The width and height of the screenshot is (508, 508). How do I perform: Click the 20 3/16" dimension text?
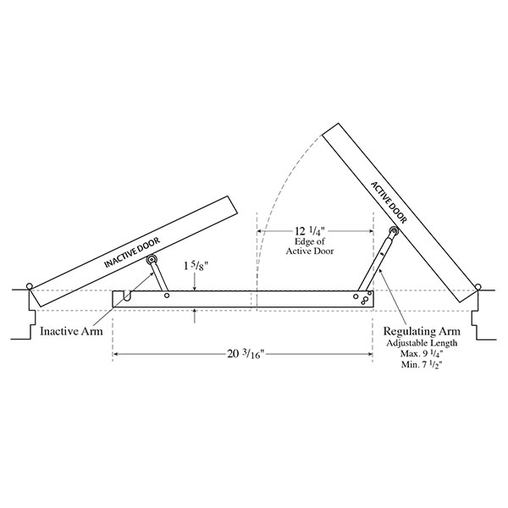coord(246,354)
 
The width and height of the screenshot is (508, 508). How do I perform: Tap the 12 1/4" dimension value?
coord(309,231)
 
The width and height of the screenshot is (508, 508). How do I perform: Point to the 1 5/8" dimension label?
coord(196,266)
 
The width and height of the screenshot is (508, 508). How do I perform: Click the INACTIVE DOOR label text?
coord(132,252)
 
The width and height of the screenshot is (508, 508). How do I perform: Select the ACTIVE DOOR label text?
coord(389,202)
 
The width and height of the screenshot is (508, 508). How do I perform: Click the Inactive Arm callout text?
coord(71,331)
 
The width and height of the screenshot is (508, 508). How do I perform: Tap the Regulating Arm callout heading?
coord(422,331)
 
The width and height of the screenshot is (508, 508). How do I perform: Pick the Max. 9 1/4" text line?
coord(422,353)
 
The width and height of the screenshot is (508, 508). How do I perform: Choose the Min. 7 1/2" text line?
coord(422,364)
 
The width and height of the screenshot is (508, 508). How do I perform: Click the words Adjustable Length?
coord(422,343)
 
